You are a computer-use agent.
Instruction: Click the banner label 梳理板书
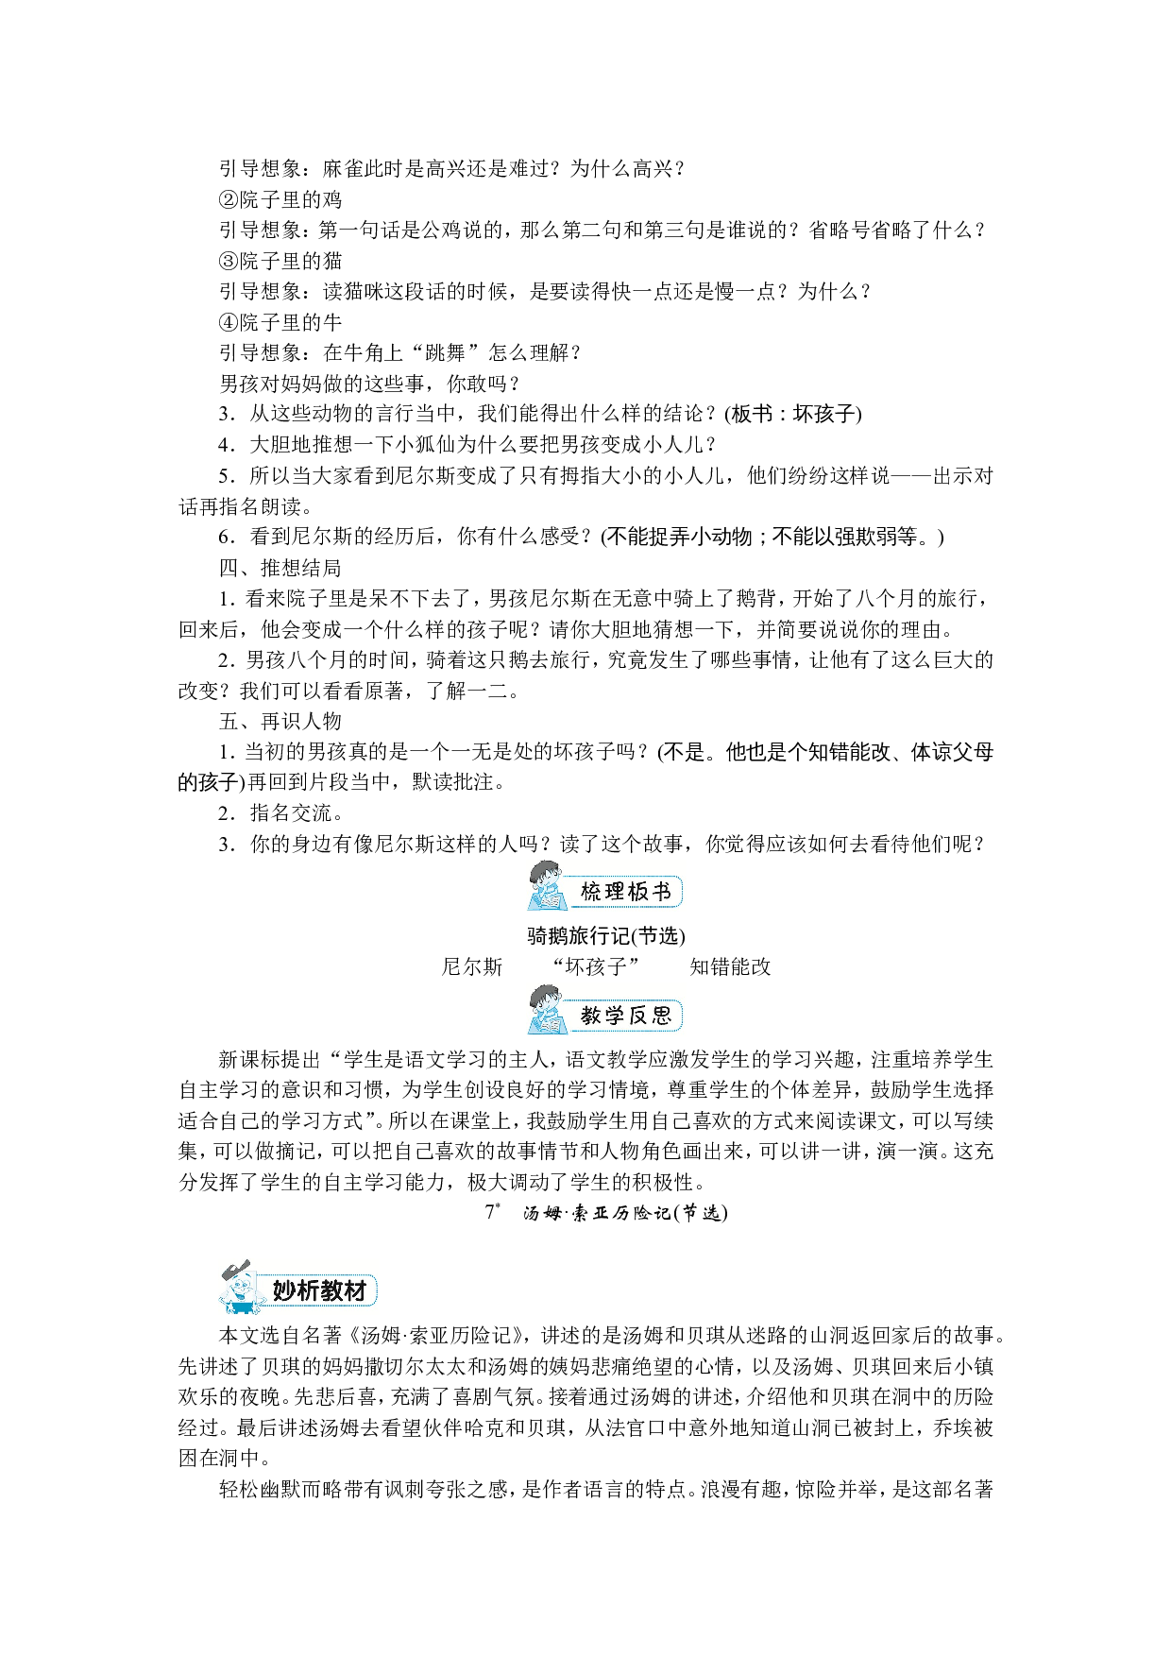pos(625,892)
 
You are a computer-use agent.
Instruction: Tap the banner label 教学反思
pos(625,1016)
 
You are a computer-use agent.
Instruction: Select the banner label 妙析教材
pos(319,1290)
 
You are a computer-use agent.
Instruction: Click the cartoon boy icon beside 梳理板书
pos(547,885)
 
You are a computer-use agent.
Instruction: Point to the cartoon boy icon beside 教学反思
pos(547,1009)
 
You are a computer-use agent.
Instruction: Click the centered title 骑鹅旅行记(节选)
pos(606,935)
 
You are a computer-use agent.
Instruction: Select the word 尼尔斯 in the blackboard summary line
pos(472,966)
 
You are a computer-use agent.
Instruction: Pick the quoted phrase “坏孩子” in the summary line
pos(596,966)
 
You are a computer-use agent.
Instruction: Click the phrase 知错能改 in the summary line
pos(730,966)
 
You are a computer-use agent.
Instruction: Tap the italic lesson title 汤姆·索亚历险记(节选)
pos(625,1213)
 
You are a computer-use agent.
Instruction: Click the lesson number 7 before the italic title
pos(489,1212)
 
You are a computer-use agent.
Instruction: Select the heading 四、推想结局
pos(280,568)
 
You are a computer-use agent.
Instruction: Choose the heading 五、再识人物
pos(280,721)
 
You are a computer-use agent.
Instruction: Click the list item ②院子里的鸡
pos(280,199)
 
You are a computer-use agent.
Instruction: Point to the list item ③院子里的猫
pos(280,261)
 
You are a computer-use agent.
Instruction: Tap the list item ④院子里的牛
pos(280,322)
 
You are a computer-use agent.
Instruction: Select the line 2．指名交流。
pos(281,813)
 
